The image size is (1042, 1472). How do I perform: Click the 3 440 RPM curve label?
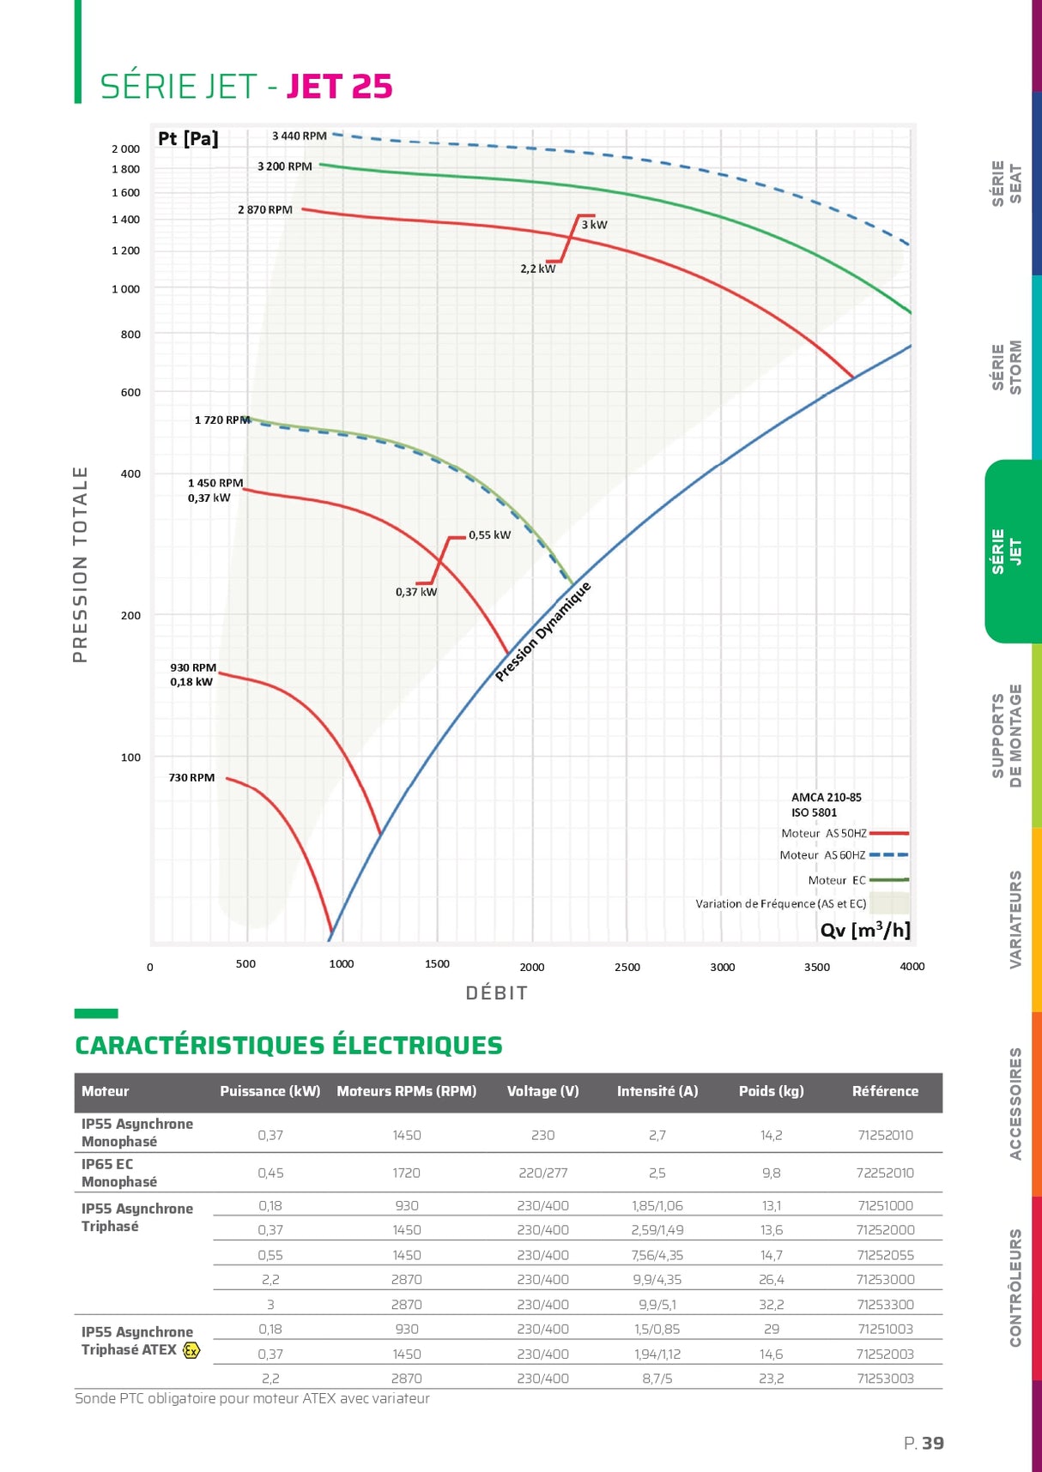[299, 136]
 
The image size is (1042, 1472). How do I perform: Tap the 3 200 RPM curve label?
[284, 166]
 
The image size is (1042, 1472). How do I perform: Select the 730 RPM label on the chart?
[191, 778]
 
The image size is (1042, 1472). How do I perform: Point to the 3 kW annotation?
[594, 225]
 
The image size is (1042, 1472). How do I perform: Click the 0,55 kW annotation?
[489, 535]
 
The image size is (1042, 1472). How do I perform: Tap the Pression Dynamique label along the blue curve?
[543, 631]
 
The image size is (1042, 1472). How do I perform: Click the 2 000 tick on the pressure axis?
[125, 149]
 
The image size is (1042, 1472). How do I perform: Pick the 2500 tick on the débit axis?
[627, 968]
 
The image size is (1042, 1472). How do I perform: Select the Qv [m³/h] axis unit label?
[864, 930]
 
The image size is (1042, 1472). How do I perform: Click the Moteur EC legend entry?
[837, 880]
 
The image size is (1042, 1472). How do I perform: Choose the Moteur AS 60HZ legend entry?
[822, 855]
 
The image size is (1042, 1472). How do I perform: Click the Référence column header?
[885, 1091]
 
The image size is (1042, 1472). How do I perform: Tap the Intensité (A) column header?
[657, 1091]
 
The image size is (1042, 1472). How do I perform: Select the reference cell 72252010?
[885, 1173]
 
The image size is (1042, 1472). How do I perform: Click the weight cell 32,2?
[772, 1305]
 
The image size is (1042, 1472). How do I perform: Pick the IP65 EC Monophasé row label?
[119, 1173]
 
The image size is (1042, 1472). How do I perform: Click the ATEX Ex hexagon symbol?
[191, 1350]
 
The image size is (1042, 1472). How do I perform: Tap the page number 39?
[932, 1444]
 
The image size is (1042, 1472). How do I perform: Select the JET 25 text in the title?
[339, 87]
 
